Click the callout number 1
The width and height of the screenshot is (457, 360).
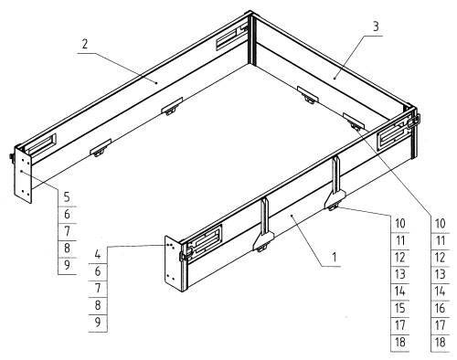tap(335, 258)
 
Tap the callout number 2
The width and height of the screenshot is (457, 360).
tap(85, 44)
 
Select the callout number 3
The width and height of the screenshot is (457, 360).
tap(376, 26)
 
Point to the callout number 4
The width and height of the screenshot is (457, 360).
tap(97, 254)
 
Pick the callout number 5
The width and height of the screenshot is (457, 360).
tap(67, 197)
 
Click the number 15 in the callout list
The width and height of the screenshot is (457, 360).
tap(400, 308)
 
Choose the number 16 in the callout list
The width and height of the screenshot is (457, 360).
tap(440, 308)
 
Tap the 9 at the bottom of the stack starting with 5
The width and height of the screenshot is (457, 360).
tap(67, 265)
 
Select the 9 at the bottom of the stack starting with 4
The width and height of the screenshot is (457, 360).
tap(98, 323)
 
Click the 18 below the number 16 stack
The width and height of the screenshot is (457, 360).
tap(440, 343)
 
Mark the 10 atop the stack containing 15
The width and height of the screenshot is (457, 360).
tap(400, 224)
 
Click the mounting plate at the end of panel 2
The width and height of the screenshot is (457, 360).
tap(23, 175)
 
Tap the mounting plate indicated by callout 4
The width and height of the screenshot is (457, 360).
tap(173, 264)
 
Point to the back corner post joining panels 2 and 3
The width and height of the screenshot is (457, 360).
tap(251, 38)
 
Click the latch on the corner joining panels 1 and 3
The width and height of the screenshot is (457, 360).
tap(412, 122)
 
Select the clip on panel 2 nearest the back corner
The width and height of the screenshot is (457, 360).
tap(172, 106)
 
